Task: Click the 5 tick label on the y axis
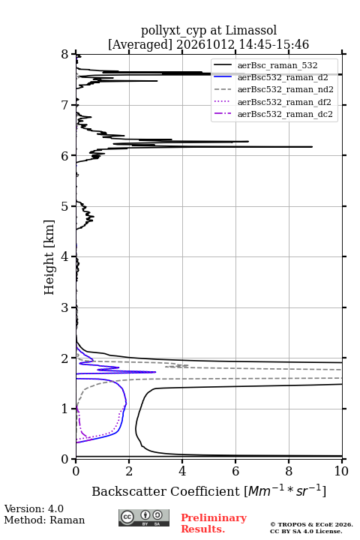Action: pyautogui.click(x=65, y=207)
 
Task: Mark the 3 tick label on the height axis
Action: pyautogui.click(x=65, y=307)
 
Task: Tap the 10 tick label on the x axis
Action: pyautogui.click(x=341, y=471)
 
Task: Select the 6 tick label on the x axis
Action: pyautogui.click(x=235, y=471)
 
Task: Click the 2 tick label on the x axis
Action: pyautogui.click(x=129, y=471)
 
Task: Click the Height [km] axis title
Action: pyautogui.click(x=49, y=257)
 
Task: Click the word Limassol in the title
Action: pyautogui.click(x=250, y=31)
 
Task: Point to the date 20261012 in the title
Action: pyautogui.click(x=205, y=44)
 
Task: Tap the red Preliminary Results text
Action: pyautogui.click(x=214, y=523)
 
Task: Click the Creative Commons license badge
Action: pyautogui.click(x=144, y=518)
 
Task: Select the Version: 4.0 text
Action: pyautogui.click(x=34, y=509)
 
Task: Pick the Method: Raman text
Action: pyautogui.click(x=44, y=520)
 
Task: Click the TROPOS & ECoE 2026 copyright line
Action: pyautogui.click(x=311, y=525)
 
